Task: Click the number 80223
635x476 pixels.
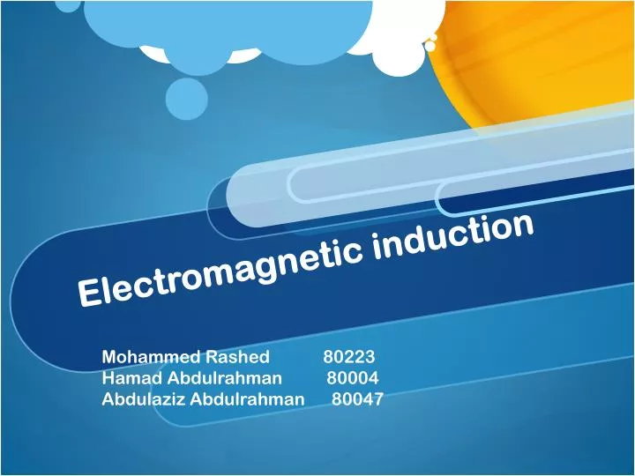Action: pos(348,357)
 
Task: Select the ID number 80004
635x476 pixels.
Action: pos(353,378)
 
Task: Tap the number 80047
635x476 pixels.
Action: pos(357,398)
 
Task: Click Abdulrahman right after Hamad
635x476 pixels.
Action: pos(226,378)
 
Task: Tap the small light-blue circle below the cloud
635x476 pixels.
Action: pos(186,98)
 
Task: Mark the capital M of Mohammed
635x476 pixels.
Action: pos(109,357)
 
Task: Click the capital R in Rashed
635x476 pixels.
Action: pos(212,357)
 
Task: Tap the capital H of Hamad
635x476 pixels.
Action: pos(108,378)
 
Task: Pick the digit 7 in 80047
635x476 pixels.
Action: pos(377,398)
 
